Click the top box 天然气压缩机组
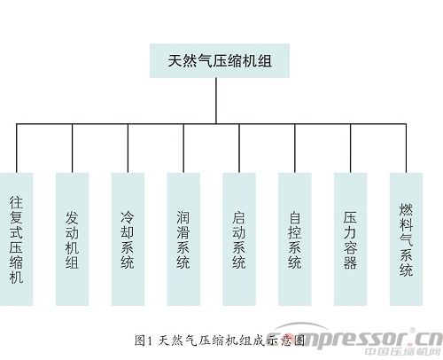coord(220,61)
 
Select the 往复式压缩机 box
coord(16,239)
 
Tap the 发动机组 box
coord(72,239)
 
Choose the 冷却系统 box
coord(128,239)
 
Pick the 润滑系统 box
coord(183,239)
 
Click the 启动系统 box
coord(239,239)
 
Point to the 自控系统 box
coord(295,239)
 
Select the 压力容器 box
coord(350,239)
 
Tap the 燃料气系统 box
coord(406,239)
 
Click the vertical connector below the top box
coord(216,101)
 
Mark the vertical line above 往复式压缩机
coord(17,148)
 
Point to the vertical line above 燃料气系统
coord(406,148)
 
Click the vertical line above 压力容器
coord(351,148)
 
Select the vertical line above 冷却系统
coord(128,148)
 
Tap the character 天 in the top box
coord(175,61)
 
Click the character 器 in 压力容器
coord(350,262)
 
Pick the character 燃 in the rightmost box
coord(406,209)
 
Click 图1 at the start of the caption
coord(144,340)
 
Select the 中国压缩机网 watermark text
coord(403,352)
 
